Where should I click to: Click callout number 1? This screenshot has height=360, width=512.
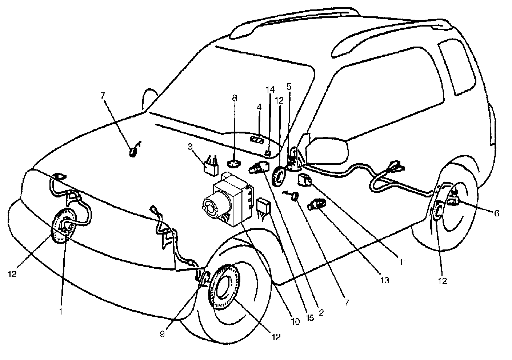point(61,311)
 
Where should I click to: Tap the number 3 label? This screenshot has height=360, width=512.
point(190,147)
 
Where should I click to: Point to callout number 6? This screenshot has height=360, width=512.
point(496,214)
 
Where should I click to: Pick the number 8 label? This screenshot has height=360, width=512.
point(235,98)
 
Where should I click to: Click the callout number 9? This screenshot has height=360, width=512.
point(162,334)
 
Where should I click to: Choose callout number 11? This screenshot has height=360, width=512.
point(402,261)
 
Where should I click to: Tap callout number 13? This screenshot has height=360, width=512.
point(385,280)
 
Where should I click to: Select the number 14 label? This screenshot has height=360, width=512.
point(270,89)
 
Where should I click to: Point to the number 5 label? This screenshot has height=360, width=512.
point(289,87)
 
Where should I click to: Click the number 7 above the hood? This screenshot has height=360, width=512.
point(103,96)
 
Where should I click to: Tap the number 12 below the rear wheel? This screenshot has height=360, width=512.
point(443,281)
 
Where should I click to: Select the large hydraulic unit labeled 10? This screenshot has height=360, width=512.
point(227,202)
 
